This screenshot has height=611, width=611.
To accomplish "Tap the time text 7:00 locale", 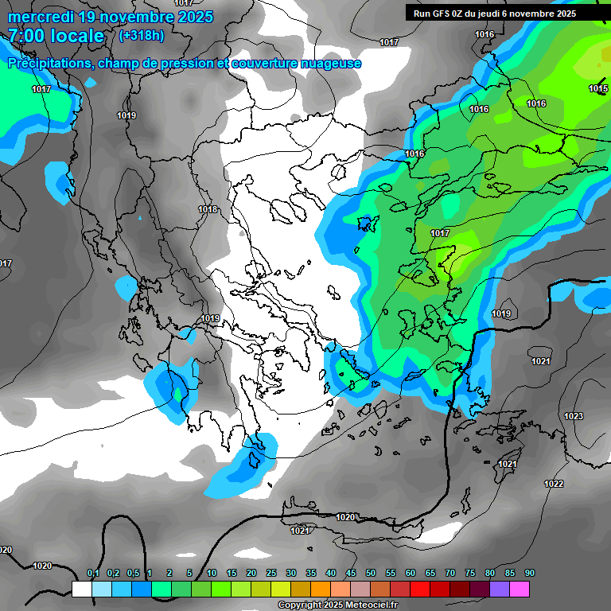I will pos(56,36).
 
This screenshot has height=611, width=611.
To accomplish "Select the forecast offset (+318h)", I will pos(142,36).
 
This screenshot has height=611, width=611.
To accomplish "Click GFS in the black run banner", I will pos(441,13).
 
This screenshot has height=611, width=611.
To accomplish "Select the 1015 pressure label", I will pos(599,88).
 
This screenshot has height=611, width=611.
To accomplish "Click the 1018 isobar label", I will pos(208,209).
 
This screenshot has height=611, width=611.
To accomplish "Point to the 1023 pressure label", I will pos(573,416).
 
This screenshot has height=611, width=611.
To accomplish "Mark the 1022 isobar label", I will pos(554,484).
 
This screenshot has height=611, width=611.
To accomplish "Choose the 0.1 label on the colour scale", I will pos(92,574).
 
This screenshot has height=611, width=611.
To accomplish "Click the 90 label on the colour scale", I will pos(530,574).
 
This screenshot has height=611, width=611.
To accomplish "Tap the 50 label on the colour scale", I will pos(371,574).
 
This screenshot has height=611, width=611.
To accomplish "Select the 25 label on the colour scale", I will pos(271,574).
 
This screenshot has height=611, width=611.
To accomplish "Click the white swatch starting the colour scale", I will pos(81,589).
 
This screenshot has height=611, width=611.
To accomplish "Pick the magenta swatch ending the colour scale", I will pos(520,589).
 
